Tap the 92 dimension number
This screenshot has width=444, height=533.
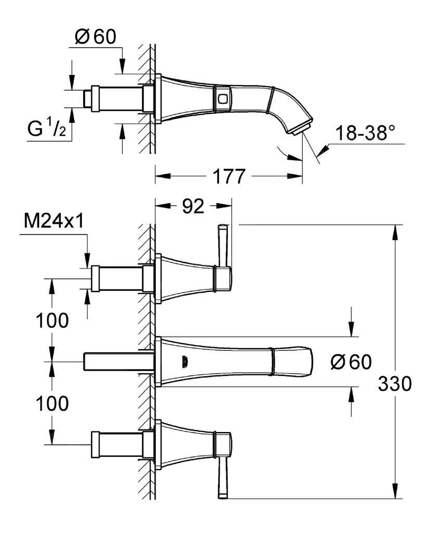(193, 207)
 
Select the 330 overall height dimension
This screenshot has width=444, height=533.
(395, 384)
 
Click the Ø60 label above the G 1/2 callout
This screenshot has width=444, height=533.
(95, 37)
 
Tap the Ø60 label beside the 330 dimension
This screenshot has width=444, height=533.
(351, 362)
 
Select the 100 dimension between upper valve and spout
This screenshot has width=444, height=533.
(52, 321)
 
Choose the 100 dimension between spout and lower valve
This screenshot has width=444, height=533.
(52, 403)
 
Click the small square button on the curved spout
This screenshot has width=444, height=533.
(223, 97)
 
